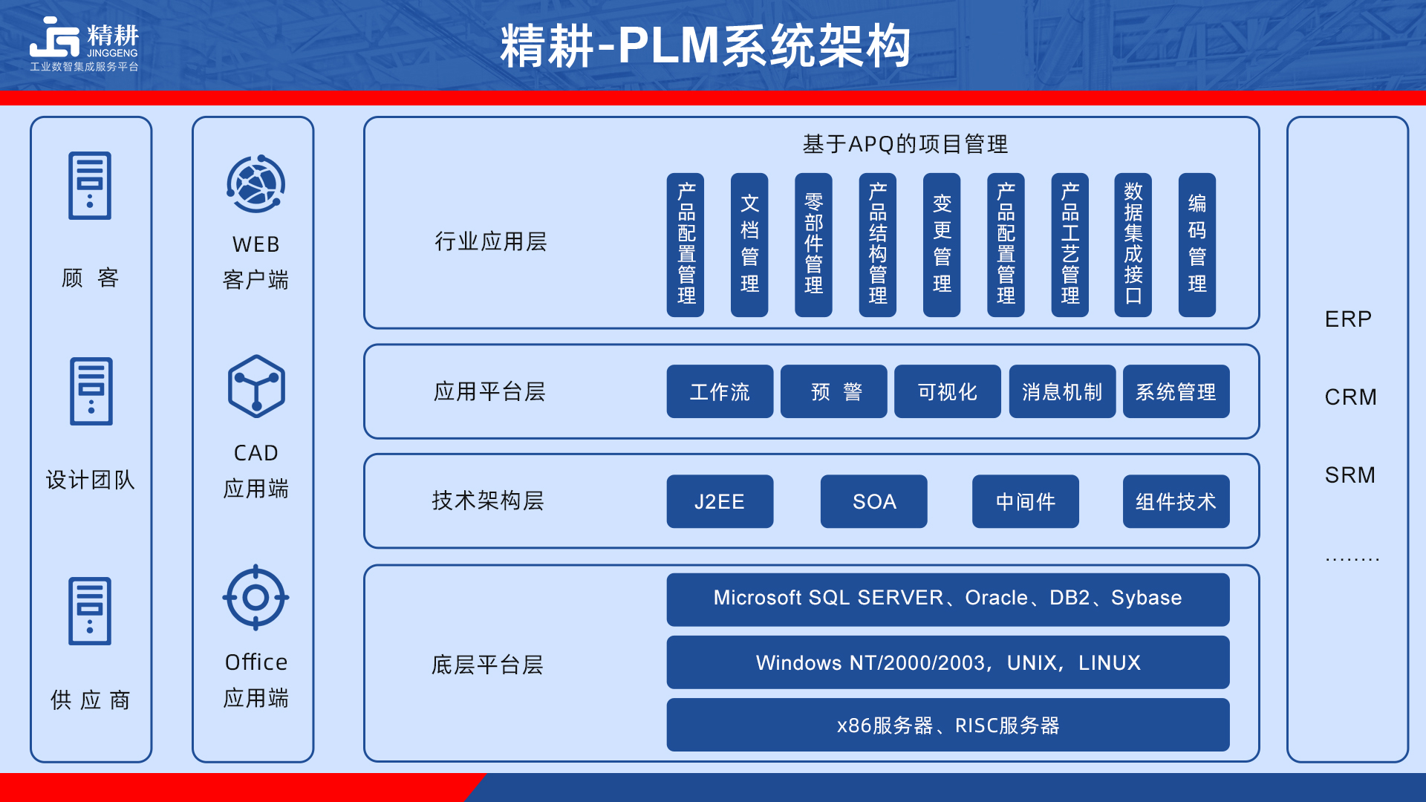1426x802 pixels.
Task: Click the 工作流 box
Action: coord(720,391)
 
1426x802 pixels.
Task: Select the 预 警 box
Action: coord(833,391)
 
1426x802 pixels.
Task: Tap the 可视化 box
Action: coord(947,391)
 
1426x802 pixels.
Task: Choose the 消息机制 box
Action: coord(1062,391)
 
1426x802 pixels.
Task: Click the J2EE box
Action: coord(720,501)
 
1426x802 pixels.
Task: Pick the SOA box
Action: coord(873,501)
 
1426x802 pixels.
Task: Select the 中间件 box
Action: coord(1025,501)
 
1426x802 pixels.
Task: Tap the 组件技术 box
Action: coord(1176,501)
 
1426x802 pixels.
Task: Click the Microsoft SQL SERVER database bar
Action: coord(948,599)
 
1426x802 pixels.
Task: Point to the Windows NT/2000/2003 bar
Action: coord(948,662)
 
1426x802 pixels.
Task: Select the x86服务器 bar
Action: coord(948,725)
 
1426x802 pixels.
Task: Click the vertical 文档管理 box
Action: coord(749,245)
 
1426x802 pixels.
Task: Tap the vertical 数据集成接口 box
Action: coord(1133,245)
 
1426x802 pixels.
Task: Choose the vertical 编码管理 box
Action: coord(1197,245)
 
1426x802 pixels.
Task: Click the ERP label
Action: coord(1348,319)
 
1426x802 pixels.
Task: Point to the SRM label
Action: coord(1350,475)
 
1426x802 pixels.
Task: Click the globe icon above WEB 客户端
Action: coord(256,184)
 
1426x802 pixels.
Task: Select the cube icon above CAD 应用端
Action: coord(256,386)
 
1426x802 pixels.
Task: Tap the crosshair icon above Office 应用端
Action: coord(255,597)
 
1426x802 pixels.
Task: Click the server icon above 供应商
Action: coord(90,610)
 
